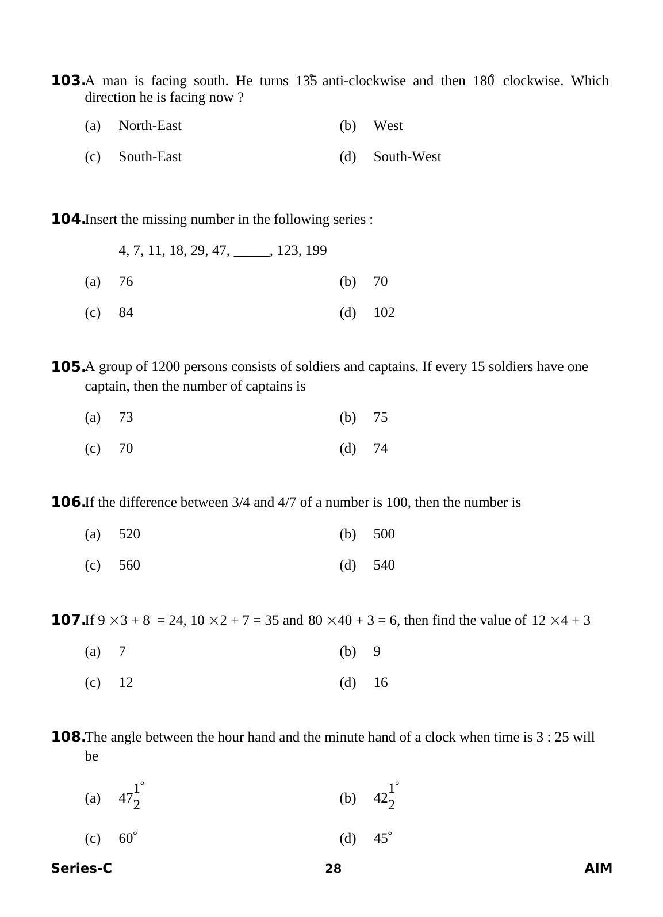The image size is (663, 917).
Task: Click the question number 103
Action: [x=68, y=81]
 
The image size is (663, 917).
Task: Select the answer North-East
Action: [x=150, y=125]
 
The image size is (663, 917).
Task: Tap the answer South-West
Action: [x=407, y=156]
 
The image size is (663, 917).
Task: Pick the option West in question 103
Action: [x=388, y=125]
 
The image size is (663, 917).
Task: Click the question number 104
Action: [x=68, y=219]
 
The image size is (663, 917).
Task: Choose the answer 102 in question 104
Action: [x=384, y=312]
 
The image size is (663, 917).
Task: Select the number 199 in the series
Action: [x=316, y=250]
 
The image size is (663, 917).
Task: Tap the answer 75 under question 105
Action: [x=380, y=417]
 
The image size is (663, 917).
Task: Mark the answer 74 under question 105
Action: [x=380, y=448]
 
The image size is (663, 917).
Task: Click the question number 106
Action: [x=68, y=502]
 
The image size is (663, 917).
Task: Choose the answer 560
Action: [x=129, y=565]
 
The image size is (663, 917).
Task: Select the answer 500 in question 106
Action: [x=384, y=534]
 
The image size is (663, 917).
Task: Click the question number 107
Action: [x=68, y=620]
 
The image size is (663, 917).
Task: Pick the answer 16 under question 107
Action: [x=380, y=682]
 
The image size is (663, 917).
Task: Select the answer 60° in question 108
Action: [x=128, y=838]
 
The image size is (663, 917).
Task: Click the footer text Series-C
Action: [x=81, y=868]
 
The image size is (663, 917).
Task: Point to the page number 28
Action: [x=333, y=869]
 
